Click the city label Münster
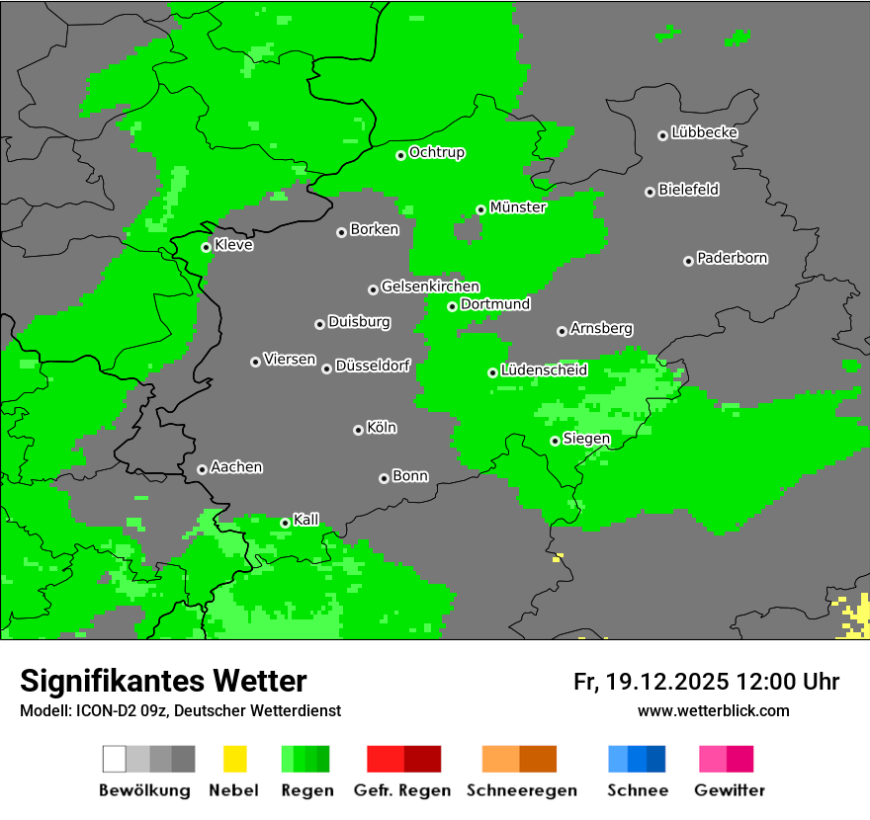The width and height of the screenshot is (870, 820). [518, 207]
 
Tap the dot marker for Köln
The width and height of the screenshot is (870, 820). [358, 430]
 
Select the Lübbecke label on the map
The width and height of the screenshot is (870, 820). [704, 132]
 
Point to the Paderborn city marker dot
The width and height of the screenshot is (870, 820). [688, 261]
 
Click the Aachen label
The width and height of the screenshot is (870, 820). [236, 467]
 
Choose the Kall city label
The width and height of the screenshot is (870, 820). [306, 520]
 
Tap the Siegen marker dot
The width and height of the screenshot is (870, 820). [555, 441]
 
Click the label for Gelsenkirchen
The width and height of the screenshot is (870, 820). [430, 287]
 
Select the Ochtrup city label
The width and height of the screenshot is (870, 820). [437, 152]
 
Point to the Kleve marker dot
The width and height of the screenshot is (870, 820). [206, 247]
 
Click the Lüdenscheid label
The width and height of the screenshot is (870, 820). [544, 370]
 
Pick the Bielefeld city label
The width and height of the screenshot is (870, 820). [688, 190]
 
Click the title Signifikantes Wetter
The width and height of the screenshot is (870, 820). [163, 681]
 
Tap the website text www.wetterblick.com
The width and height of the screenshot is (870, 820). [713, 710]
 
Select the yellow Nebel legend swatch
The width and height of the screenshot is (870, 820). [234, 759]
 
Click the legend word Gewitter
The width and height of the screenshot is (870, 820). [730, 790]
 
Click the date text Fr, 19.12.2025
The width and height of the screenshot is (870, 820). [651, 682]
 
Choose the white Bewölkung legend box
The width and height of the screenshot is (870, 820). [115, 759]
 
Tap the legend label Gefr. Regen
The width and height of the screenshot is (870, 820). [402, 790]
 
